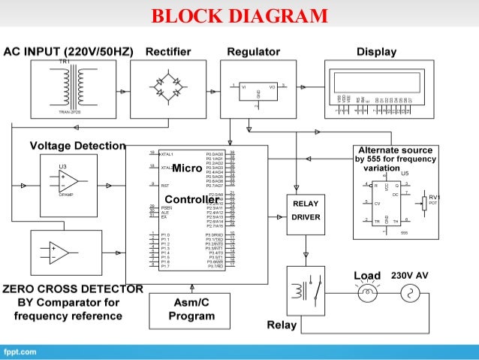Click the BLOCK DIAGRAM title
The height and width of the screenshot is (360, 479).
pyautogui.click(x=239, y=16)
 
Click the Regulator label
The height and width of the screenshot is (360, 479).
pyautogui.click(x=253, y=52)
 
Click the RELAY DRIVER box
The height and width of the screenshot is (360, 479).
pyautogui.click(x=305, y=210)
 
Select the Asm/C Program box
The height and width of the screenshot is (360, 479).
pyautogui.click(x=191, y=310)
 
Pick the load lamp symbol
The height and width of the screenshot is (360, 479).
pyautogui.click(x=367, y=295)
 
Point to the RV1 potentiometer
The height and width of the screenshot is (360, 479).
pyautogui.click(x=426, y=202)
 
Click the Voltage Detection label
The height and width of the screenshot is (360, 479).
pyautogui.click(x=77, y=145)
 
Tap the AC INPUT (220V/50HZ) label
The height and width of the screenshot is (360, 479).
pyautogui.click(x=68, y=52)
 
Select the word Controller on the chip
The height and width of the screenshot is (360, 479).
pyautogui.click(x=191, y=199)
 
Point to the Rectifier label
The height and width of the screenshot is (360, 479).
pyautogui.click(x=168, y=52)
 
